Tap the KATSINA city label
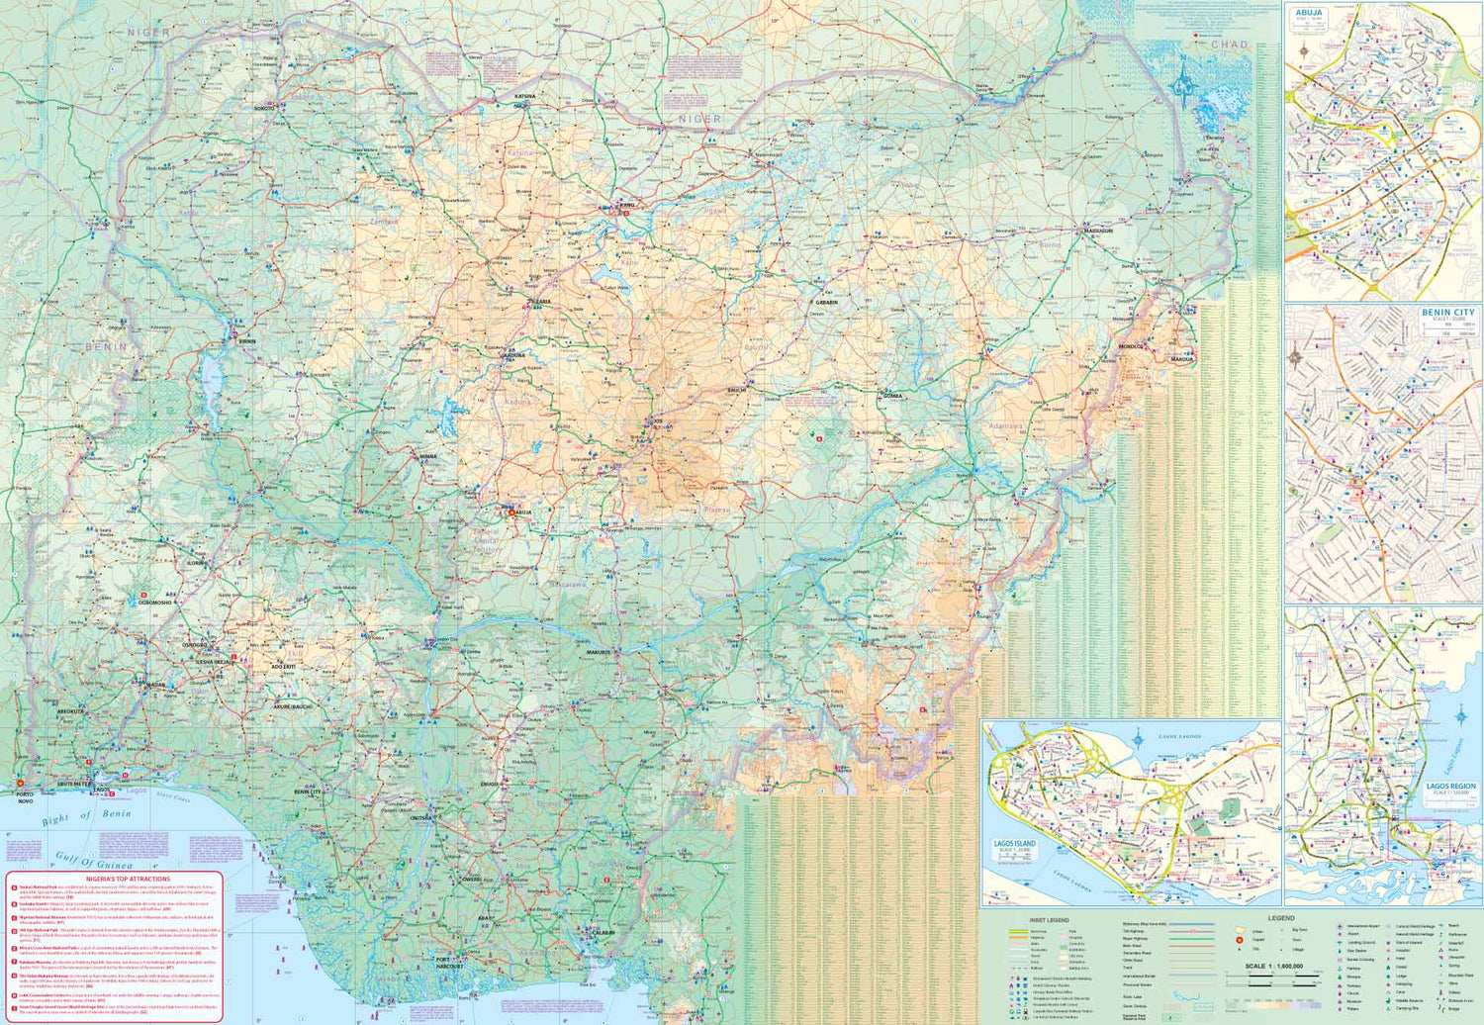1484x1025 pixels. click(x=524, y=97)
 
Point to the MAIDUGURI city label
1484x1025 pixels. click(x=1098, y=231)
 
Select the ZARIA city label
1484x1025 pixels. click(x=542, y=301)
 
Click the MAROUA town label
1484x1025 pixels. click(x=1182, y=359)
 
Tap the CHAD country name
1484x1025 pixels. click(x=1230, y=45)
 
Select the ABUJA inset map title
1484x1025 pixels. click(x=1309, y=14)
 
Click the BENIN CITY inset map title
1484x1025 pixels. click(x=1447, y=313)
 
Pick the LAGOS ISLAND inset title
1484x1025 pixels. click(x=1014, y=844)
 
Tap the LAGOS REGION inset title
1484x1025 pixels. click(x=1450, y=787)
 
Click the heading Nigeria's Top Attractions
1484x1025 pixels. click(x=114, y=879)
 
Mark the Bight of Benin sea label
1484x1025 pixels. click(x=86, y=817)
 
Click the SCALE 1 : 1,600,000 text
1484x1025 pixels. click(x=1273, y=966)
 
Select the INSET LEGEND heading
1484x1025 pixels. click(x=1049, y=920)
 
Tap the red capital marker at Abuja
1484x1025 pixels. click(x=511, y=512)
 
